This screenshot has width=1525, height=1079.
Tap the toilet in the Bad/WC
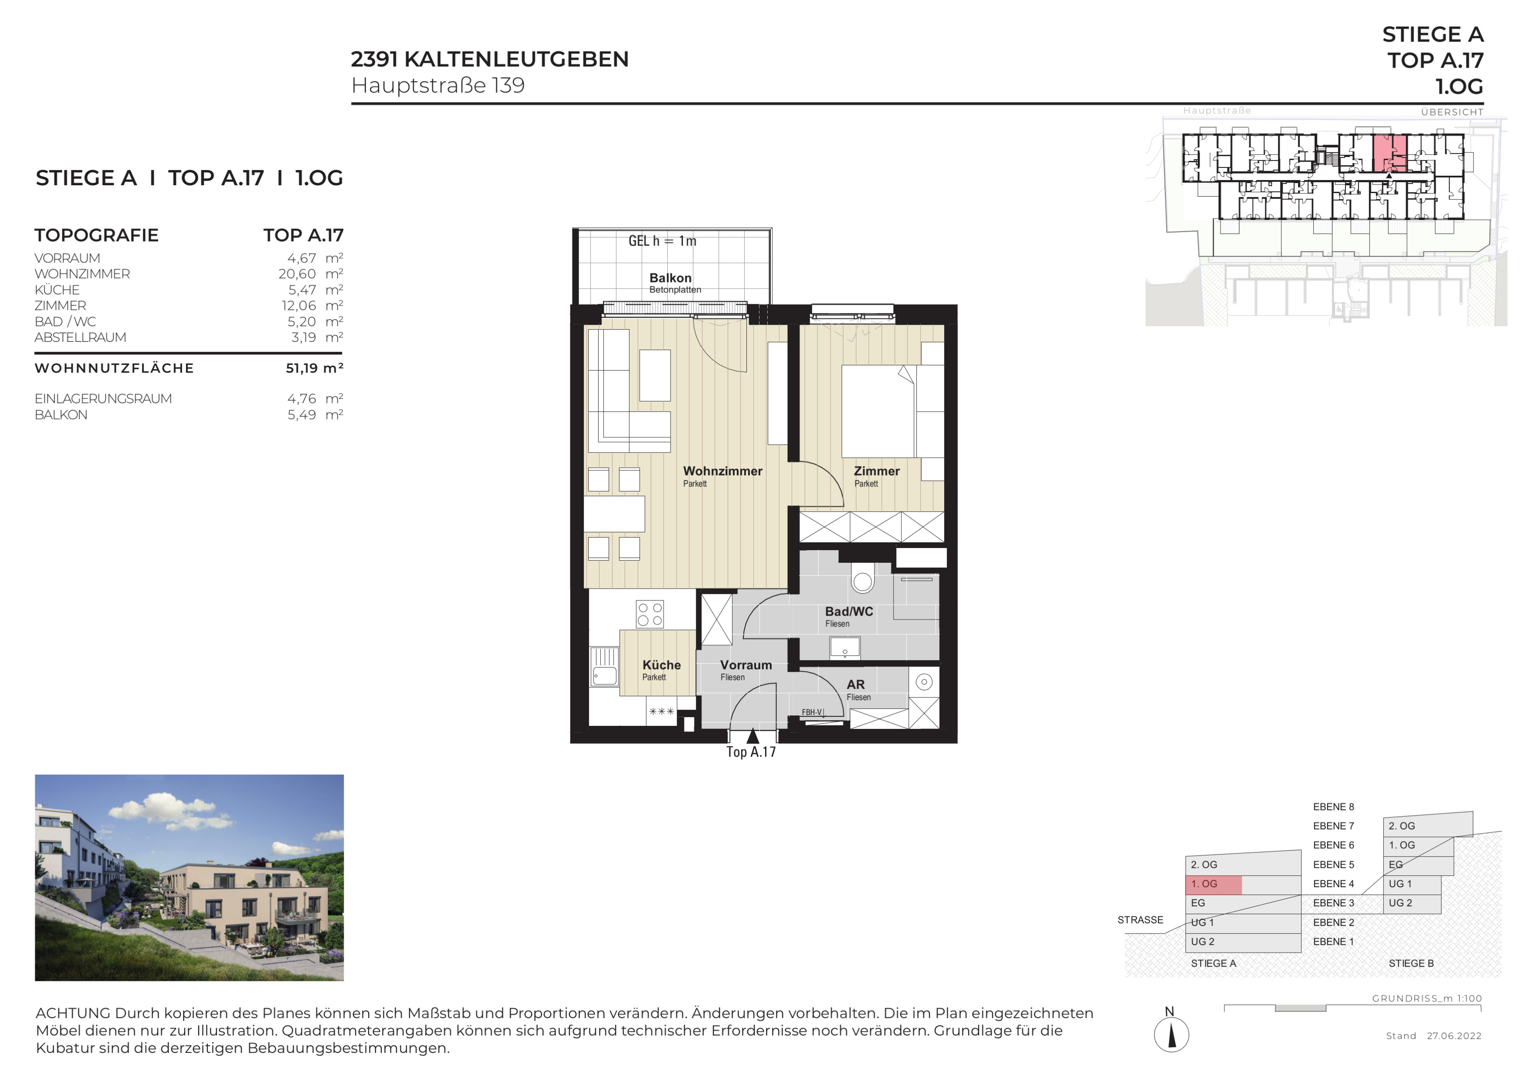tap(862, 577)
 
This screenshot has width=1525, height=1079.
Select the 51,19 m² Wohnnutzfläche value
tap(314, 368)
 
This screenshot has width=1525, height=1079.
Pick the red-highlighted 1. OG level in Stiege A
tap(1213, 884)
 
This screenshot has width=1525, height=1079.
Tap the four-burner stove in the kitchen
tap(650, 614)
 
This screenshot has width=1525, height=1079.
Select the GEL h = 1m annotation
tap(662, 241)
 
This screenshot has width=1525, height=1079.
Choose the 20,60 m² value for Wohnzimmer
tap(311, 274)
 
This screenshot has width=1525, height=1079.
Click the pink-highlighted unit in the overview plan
tap(1389, 153)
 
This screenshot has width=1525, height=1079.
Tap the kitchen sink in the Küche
tap(604, 667)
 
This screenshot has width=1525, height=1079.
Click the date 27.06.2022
tap(1454, 1036)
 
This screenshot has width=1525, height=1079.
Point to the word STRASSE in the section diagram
tap(1140, 920)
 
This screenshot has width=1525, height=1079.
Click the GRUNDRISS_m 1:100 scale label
tap(1427, 999)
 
